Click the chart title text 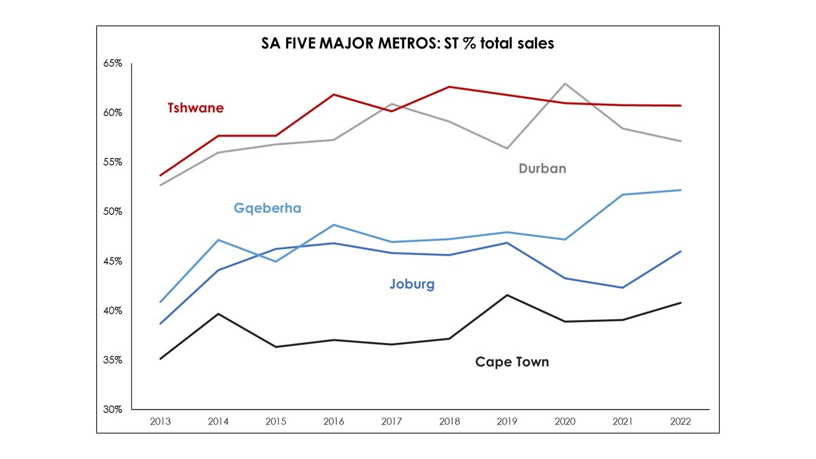(408, 43)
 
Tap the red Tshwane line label (196, 108)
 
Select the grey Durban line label (542, 169)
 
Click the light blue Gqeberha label (267, 208)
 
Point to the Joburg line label (412, 284)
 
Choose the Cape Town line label (512, 362)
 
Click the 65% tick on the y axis (113, 64)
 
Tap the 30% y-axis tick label (113, 409)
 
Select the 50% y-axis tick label (113, 212)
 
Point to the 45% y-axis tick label (113, 261)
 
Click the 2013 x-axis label (161, 421)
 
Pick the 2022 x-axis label (681, 421)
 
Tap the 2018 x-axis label (449, 421)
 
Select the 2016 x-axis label (334, 421)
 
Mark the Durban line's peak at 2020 (565, 84)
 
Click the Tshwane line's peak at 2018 (449, 87)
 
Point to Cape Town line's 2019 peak (507, 295)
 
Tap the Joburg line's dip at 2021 (623, 288)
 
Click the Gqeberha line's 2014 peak (219, 240)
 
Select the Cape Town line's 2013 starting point (161, 359)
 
